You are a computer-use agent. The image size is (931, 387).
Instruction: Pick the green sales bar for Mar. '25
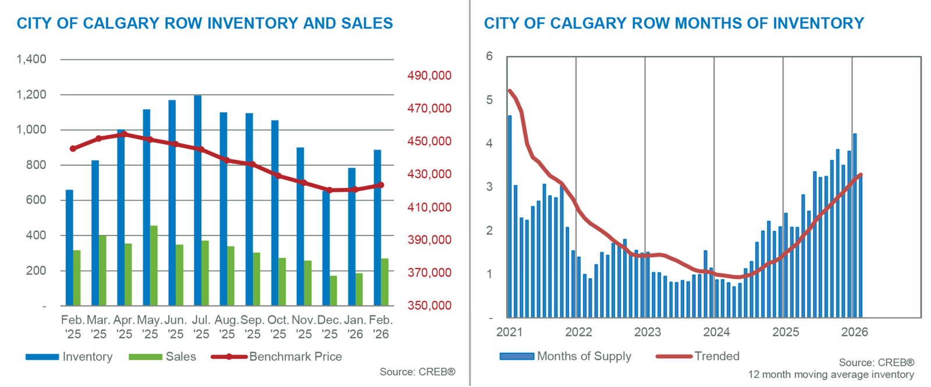click(102, 270)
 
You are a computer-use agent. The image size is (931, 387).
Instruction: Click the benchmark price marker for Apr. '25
click(124, 134)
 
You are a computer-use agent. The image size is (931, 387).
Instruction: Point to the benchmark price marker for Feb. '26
click(381, 185)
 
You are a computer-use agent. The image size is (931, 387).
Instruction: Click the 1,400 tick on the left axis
click(31, 59)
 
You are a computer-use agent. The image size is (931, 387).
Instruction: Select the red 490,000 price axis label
click(429, 76)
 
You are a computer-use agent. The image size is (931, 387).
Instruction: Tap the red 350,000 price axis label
click(429, 305)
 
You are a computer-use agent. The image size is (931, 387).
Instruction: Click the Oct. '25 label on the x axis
click(278, 327)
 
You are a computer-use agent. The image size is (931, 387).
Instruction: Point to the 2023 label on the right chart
click(647, 332)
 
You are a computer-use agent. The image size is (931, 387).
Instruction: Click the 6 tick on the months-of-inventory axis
click(489, 56)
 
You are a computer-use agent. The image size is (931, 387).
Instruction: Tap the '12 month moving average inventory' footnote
click(831, 375)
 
